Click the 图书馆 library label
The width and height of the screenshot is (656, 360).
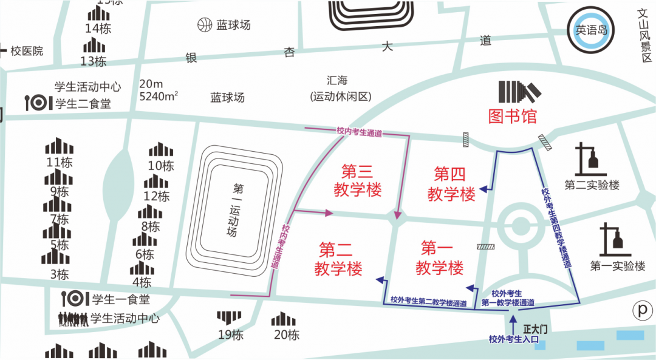pyautogui.click(x=513, y=116)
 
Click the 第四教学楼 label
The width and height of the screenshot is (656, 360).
pyautogui.click(x=451, y=185)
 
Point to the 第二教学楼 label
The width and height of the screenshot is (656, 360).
pyautogui.click(x=338, y=259)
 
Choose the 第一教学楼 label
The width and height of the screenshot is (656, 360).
pyautogui.click(x=439, y=257)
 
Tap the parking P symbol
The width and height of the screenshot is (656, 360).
pyautogui.click(x=641, y=310)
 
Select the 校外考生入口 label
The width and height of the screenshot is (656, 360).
pyautogui.click(x=514, y=339)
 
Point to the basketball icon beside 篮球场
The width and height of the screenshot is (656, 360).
pyautogui.click(x=204, y=25)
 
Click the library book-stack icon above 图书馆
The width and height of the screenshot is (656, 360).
pyautogui.click(x=518, y=92)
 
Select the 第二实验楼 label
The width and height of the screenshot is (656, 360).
pyautogui.click(x=592, y=185)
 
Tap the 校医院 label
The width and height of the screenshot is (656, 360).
pyautogui.click(x=27, y=51)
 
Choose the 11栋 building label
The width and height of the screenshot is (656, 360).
pyautogui.click(x=60, y=162)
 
